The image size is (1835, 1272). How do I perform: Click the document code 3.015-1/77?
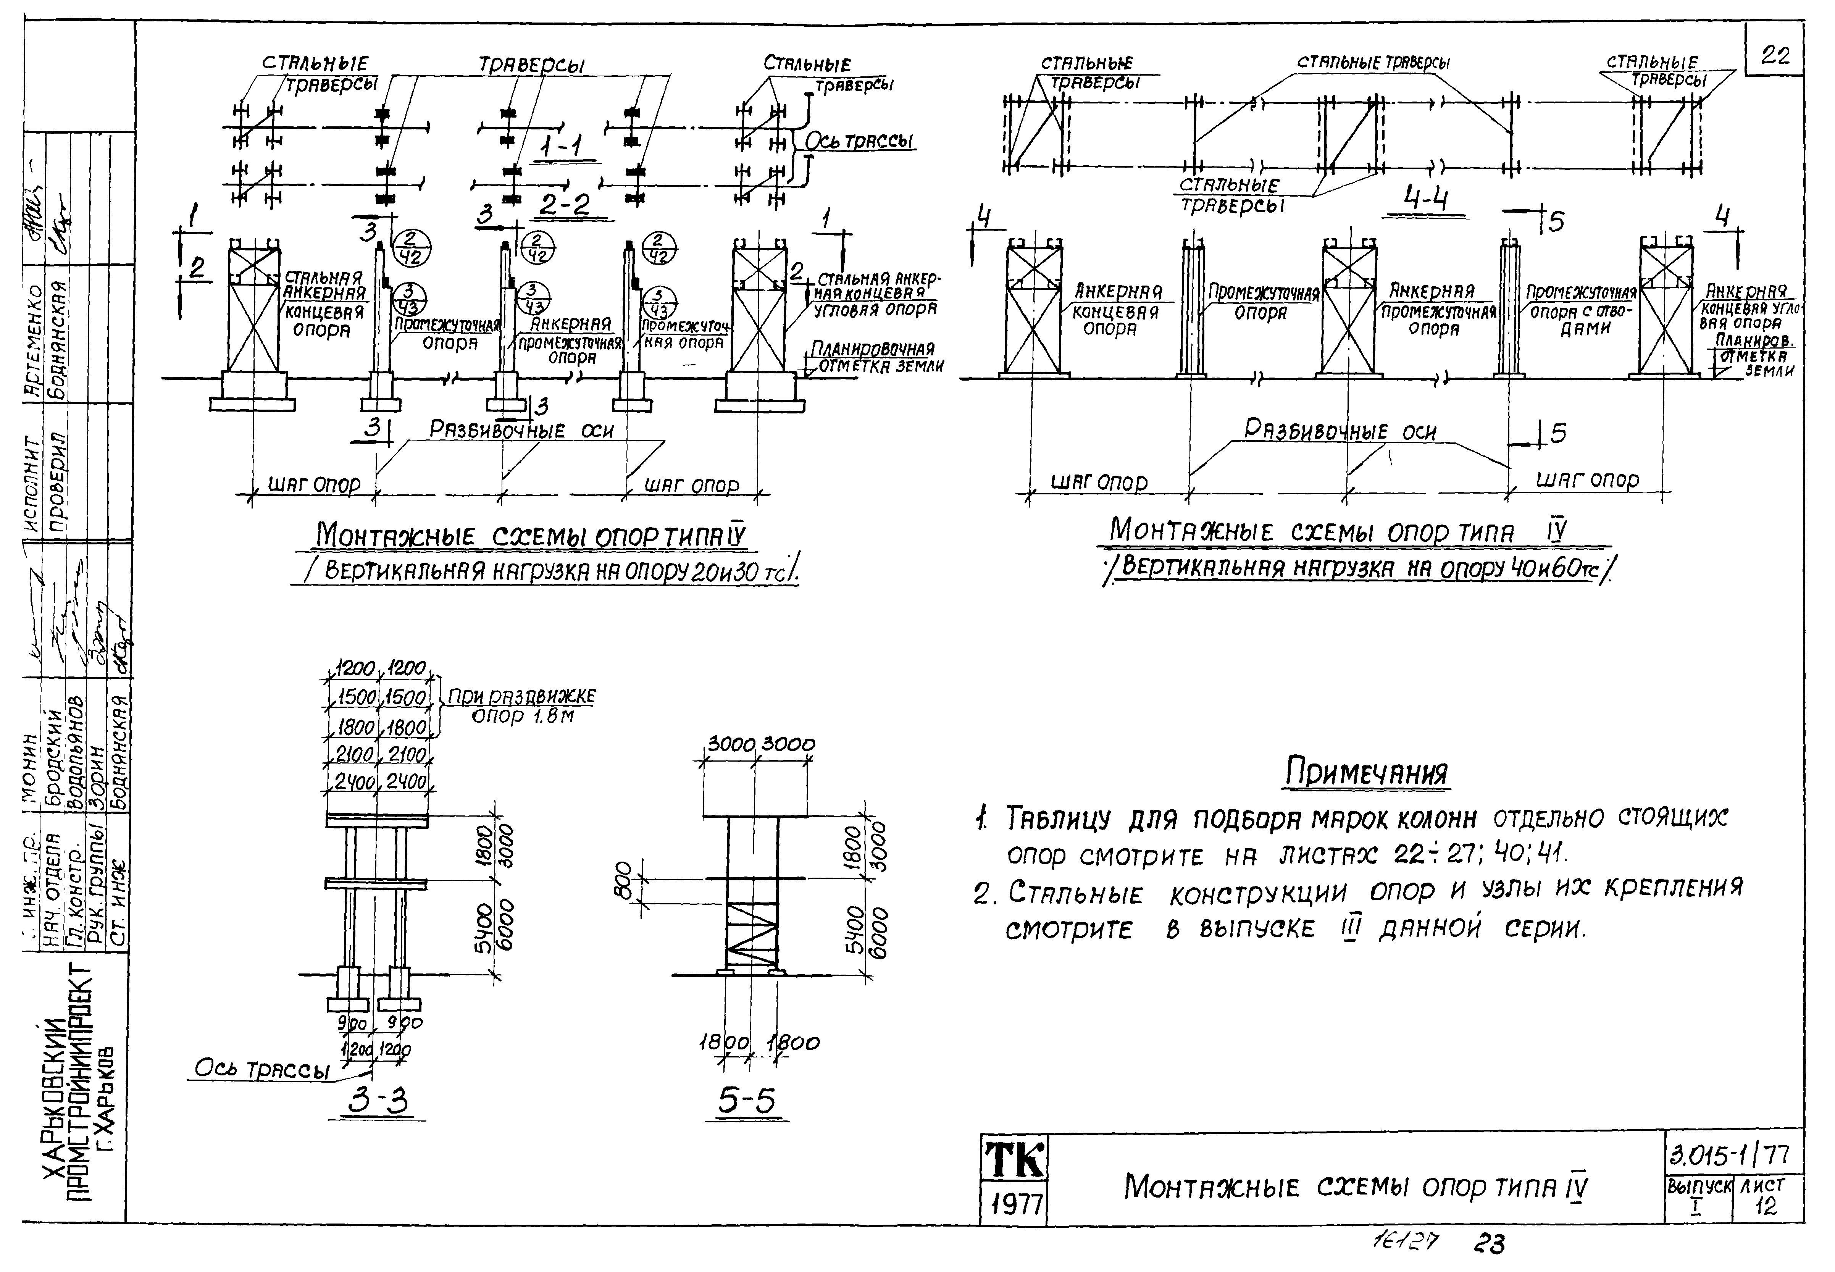[x=1733, y=1154]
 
